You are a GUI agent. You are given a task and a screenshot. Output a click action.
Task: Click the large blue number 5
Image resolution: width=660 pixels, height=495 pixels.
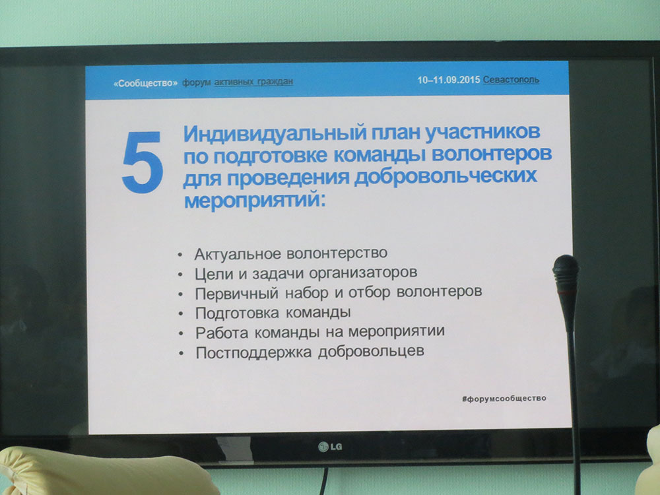(x=143, y=162)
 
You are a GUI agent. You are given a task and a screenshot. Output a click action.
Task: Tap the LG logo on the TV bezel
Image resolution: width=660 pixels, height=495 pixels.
(x=331, y=446)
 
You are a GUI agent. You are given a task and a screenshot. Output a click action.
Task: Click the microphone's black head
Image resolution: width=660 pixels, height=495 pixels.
(x=566, y=274)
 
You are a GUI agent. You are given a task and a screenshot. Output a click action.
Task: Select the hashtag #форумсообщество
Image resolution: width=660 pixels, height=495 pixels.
(x=504, y=398)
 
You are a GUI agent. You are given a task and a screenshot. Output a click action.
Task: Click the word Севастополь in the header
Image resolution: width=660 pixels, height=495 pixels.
(x=511, y=80)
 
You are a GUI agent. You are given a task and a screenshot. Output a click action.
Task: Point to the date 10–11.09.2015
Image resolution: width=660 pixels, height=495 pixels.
(x=449, y=80)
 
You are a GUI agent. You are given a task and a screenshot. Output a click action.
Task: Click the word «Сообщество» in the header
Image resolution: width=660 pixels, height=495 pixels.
(x=146, y=83)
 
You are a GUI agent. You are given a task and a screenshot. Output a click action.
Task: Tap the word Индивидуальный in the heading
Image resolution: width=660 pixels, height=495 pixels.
(x=275, y=134)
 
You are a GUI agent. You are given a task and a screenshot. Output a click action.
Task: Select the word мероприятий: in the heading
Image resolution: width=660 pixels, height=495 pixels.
(x=255, y=199)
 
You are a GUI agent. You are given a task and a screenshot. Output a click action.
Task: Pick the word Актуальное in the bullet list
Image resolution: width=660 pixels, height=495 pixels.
(x=238, y=254)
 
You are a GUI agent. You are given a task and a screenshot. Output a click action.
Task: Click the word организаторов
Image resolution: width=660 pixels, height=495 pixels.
(x=363, y=273)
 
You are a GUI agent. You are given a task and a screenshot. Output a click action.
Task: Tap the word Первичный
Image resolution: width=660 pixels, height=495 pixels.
(x=236, y=294)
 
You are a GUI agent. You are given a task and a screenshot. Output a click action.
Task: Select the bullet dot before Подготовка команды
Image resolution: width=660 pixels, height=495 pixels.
(x=181, y=313)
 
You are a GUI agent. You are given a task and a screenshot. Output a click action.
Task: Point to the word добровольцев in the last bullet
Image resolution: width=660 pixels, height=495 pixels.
(x=371, y=352)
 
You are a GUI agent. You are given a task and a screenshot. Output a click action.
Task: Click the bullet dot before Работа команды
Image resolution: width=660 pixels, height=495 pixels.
(x=181, y=333)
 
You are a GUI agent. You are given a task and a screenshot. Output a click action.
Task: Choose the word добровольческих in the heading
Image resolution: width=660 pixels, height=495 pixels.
(x=445, y=176)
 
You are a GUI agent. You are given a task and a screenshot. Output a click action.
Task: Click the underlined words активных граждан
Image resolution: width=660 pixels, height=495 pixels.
(x=253, y=82)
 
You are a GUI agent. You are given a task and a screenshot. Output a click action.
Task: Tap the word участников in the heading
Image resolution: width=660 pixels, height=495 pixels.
(x=482, y=132)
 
